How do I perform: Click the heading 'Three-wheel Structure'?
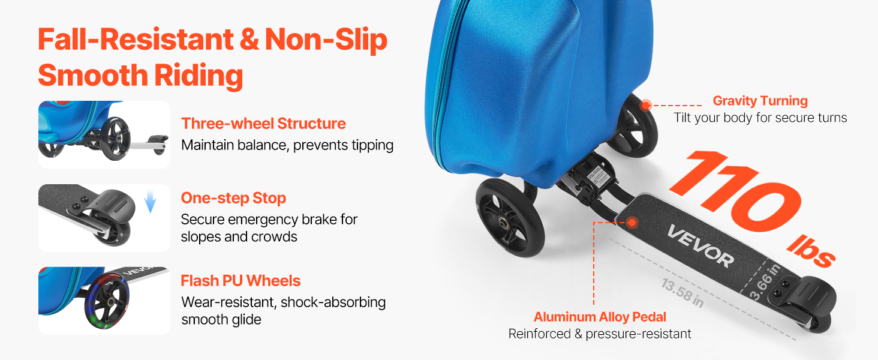[263, 124]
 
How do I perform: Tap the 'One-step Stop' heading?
[233, 199]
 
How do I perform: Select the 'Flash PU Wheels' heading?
[240, 281]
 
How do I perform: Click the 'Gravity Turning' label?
[760, 101]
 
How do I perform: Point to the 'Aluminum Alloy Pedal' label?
[600, 316]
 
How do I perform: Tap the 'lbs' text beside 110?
[811, 251]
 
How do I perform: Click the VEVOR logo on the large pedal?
[700, 246]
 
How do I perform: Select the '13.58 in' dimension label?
[682, 293]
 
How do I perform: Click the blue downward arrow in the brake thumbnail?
[150, 200]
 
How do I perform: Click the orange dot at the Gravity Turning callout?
[645, 105]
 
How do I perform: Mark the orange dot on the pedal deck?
[632, 223]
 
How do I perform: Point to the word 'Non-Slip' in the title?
[326, 40]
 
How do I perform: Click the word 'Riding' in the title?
[199, 75]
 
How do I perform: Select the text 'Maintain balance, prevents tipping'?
[287, 145]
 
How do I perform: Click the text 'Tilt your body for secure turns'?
[760, 118]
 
